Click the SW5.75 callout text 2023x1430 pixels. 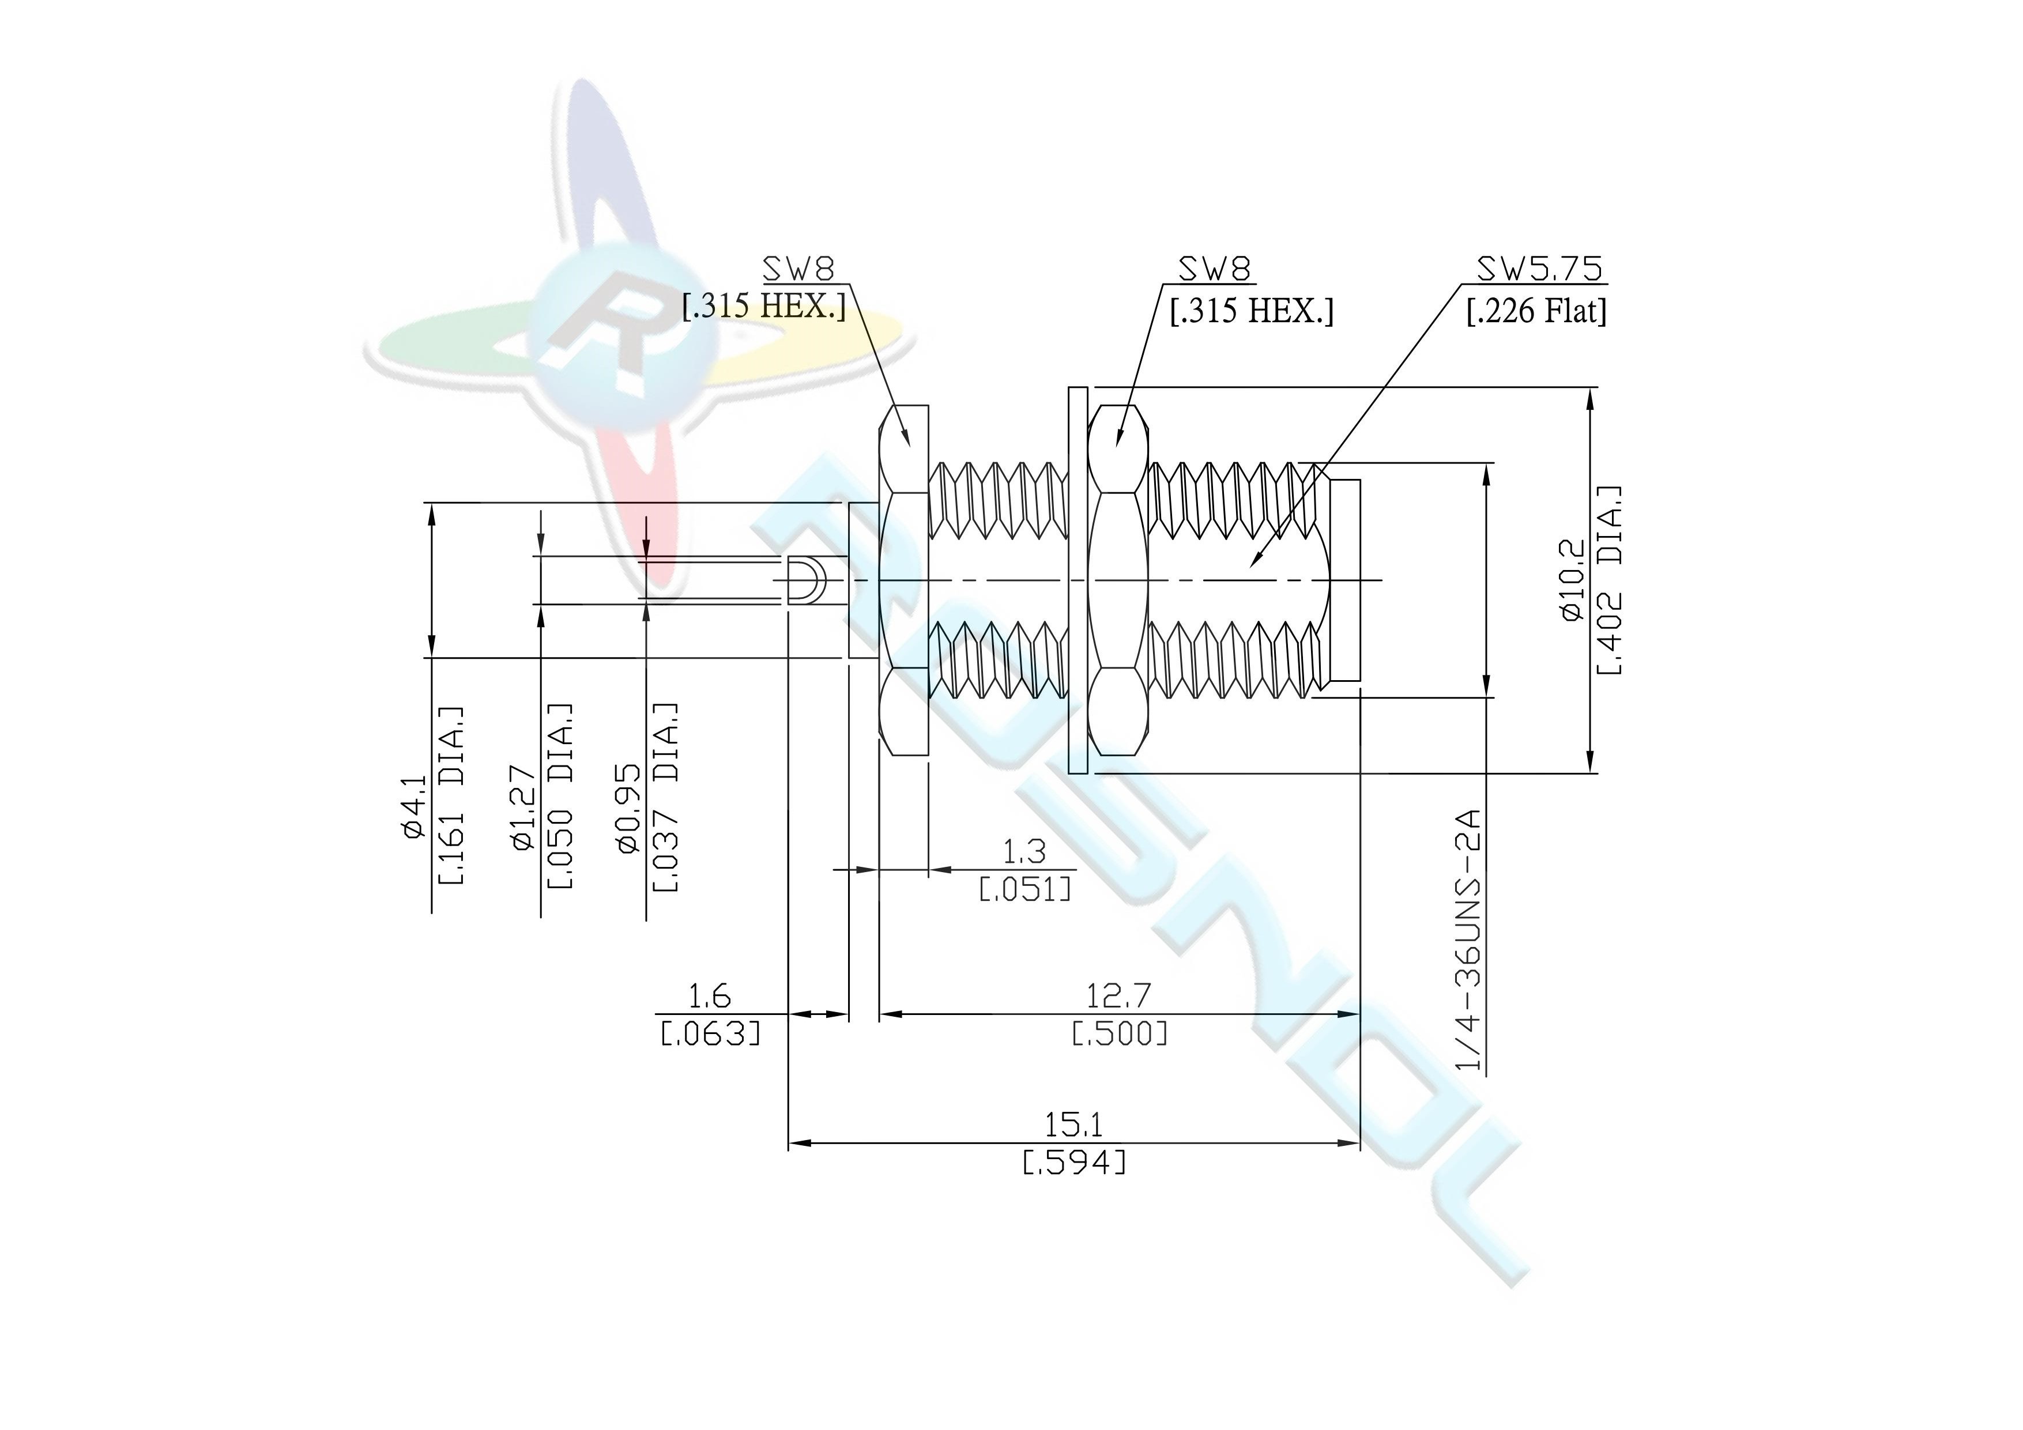click(x=1539, y=269)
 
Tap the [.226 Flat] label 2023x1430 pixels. click(x=1536, y=311)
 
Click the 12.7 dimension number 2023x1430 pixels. click(x=1119, y=995)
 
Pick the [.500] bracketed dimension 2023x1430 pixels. click(x=1119, y=1033)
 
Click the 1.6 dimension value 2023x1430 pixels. click(x=709, y=997)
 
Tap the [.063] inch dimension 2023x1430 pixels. click(x=710, y=1033)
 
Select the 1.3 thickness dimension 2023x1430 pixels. click(x=1024, y=851)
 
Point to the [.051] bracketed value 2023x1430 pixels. click(x=1026, y=888)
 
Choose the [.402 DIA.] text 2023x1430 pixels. click(x=1610, y=580)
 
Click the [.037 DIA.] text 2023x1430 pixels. click(x=665, y=797)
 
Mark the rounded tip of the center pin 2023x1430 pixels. click(x=823, y=580)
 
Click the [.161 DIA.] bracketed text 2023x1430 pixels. click(x=450, y=795)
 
